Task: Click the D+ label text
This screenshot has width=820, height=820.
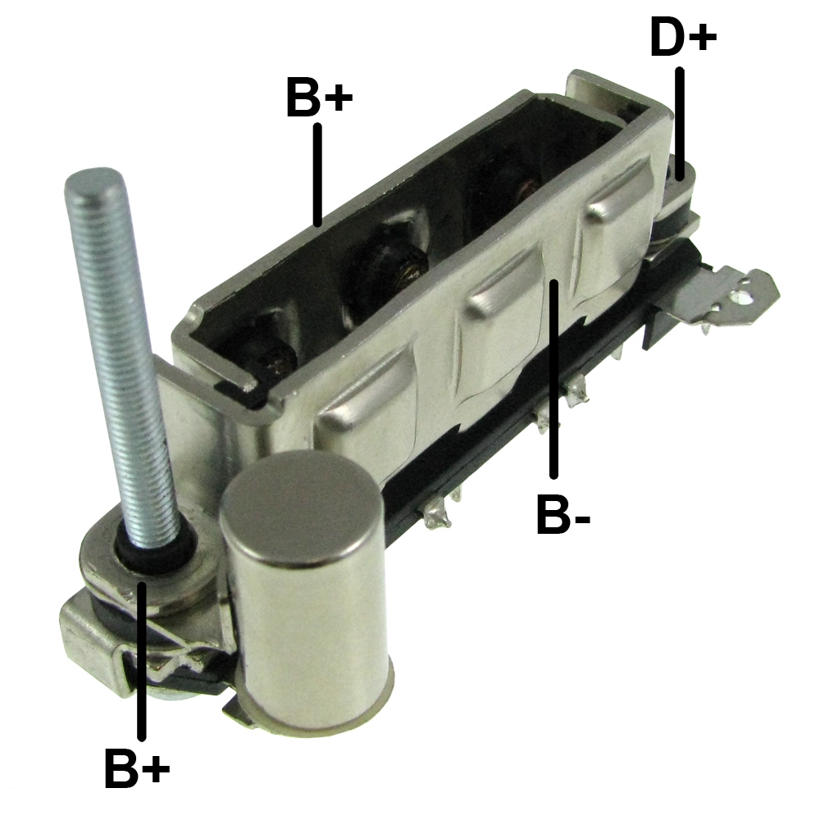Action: (x=683, y=37)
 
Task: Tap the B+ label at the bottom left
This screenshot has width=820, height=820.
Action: (x=137, y=768)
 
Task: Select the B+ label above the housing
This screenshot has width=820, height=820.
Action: (x=320, y=97)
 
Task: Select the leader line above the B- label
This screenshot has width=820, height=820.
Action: (x=553, y=379)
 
